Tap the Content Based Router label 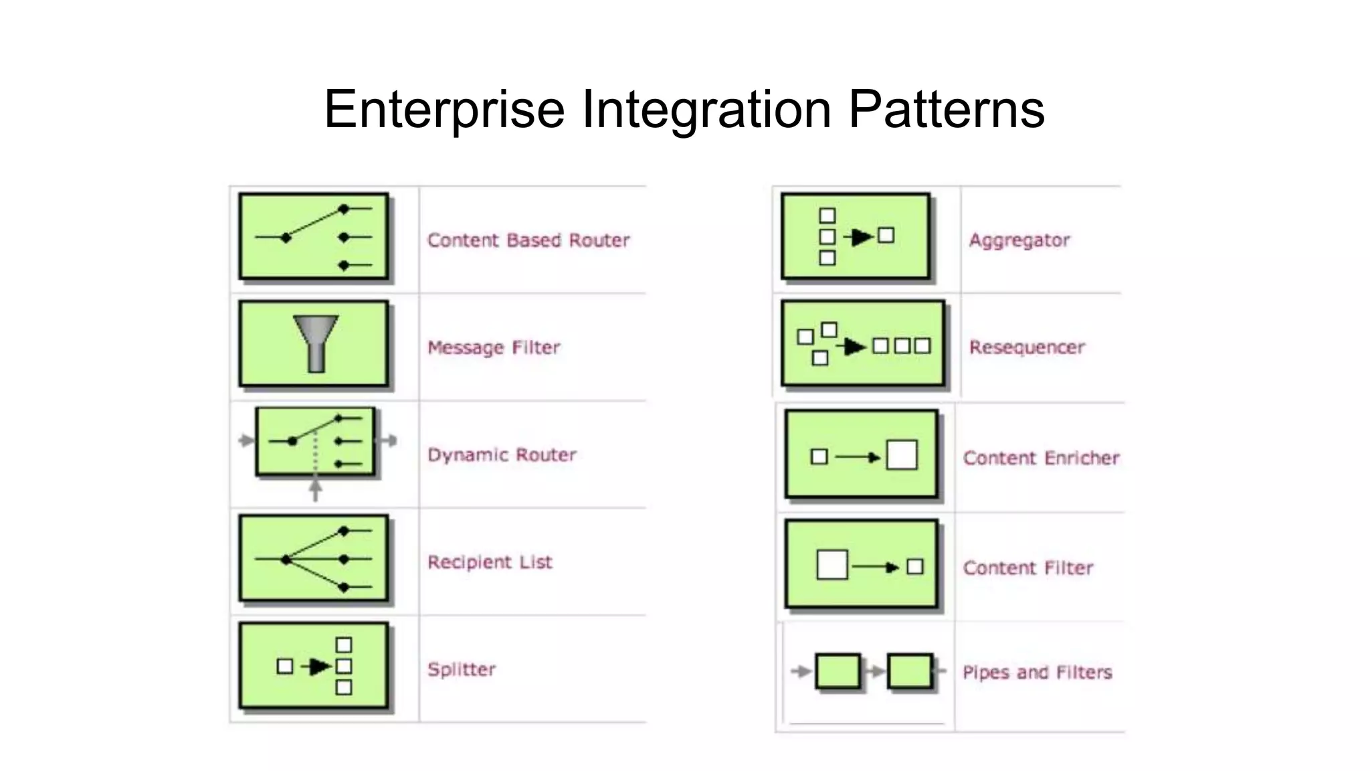528,240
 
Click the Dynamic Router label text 502,455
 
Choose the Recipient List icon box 314,559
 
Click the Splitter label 462,669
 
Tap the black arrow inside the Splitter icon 319,666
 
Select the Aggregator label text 1019,240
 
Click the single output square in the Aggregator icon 886,235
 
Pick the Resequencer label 1027,347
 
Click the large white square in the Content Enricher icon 901,455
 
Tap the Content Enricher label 1041,458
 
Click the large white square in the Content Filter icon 832,565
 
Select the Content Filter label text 1028,568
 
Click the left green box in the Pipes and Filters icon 838,671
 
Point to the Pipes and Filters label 1037,672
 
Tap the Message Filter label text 494,347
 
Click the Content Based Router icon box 314,236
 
